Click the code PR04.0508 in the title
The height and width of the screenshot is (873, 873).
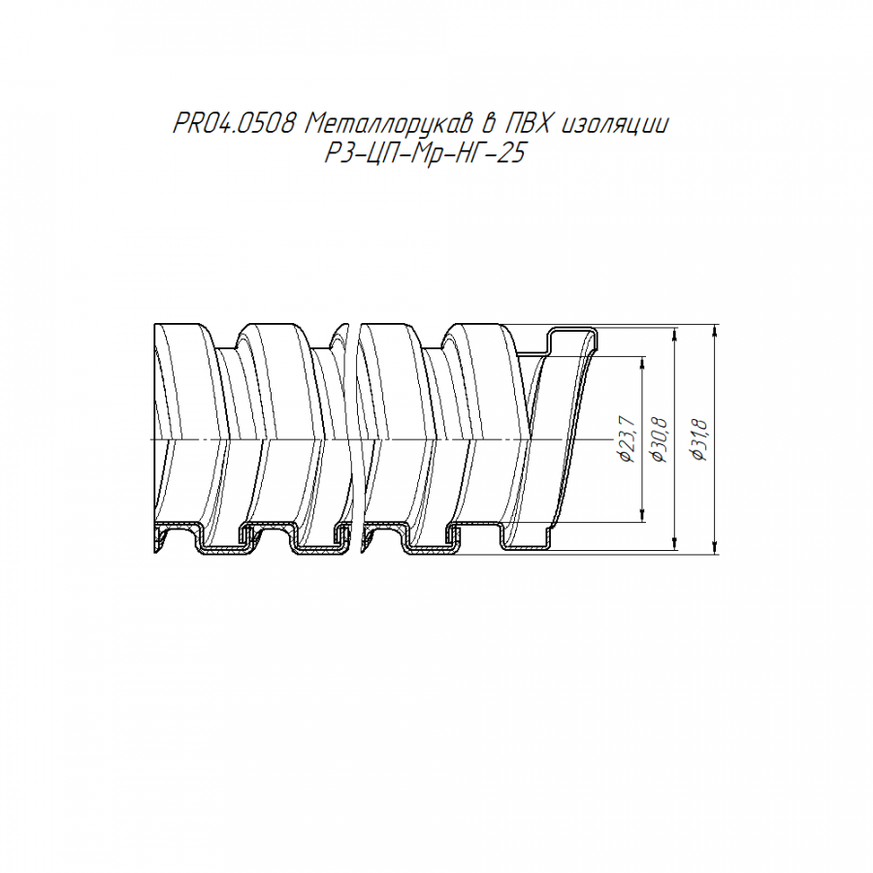233,123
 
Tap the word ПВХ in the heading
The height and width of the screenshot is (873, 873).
526,123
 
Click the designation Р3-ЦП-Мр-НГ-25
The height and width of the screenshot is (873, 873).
425,152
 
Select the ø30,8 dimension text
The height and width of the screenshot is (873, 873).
660,438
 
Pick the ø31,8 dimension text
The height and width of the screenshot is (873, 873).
698,438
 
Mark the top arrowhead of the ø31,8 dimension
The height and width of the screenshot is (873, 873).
716,330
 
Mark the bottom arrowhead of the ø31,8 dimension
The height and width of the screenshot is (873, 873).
716,548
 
